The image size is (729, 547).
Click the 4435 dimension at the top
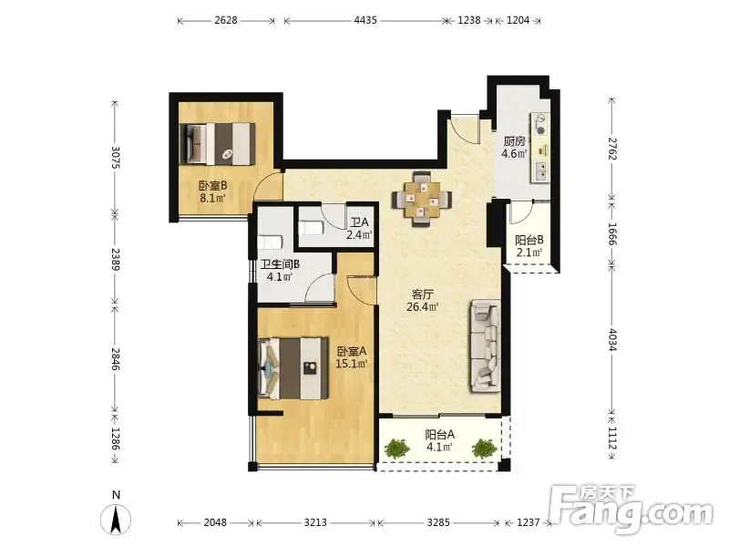click(x=365, y=20)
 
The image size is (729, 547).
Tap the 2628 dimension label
click(x=226, y=20)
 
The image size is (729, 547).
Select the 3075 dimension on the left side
click(x=116, y=158)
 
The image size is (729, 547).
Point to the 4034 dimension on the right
click(x=611, y=340)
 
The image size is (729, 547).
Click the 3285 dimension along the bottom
click(x=438, y=522)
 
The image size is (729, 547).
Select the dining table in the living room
click(x=422, y=199)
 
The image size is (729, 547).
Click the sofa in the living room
click(x=486, y=346)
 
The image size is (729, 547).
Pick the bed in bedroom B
click(x=217, y=144)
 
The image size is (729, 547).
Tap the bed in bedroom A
click(x=293, y=368)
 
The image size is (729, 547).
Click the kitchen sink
click(x=540, y=171)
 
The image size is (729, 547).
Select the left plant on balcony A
click(x=397, y=449)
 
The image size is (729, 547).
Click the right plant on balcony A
click(x=485, y=449)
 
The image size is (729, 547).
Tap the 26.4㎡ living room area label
click(x=423, y=307)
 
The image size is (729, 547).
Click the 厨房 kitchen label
click(x=514, y=141)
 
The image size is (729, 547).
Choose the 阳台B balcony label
click(x=529, y=240)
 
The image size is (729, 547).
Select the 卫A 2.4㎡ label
click(x=359, y=229)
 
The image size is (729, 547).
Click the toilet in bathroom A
click(x=311, y=228)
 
